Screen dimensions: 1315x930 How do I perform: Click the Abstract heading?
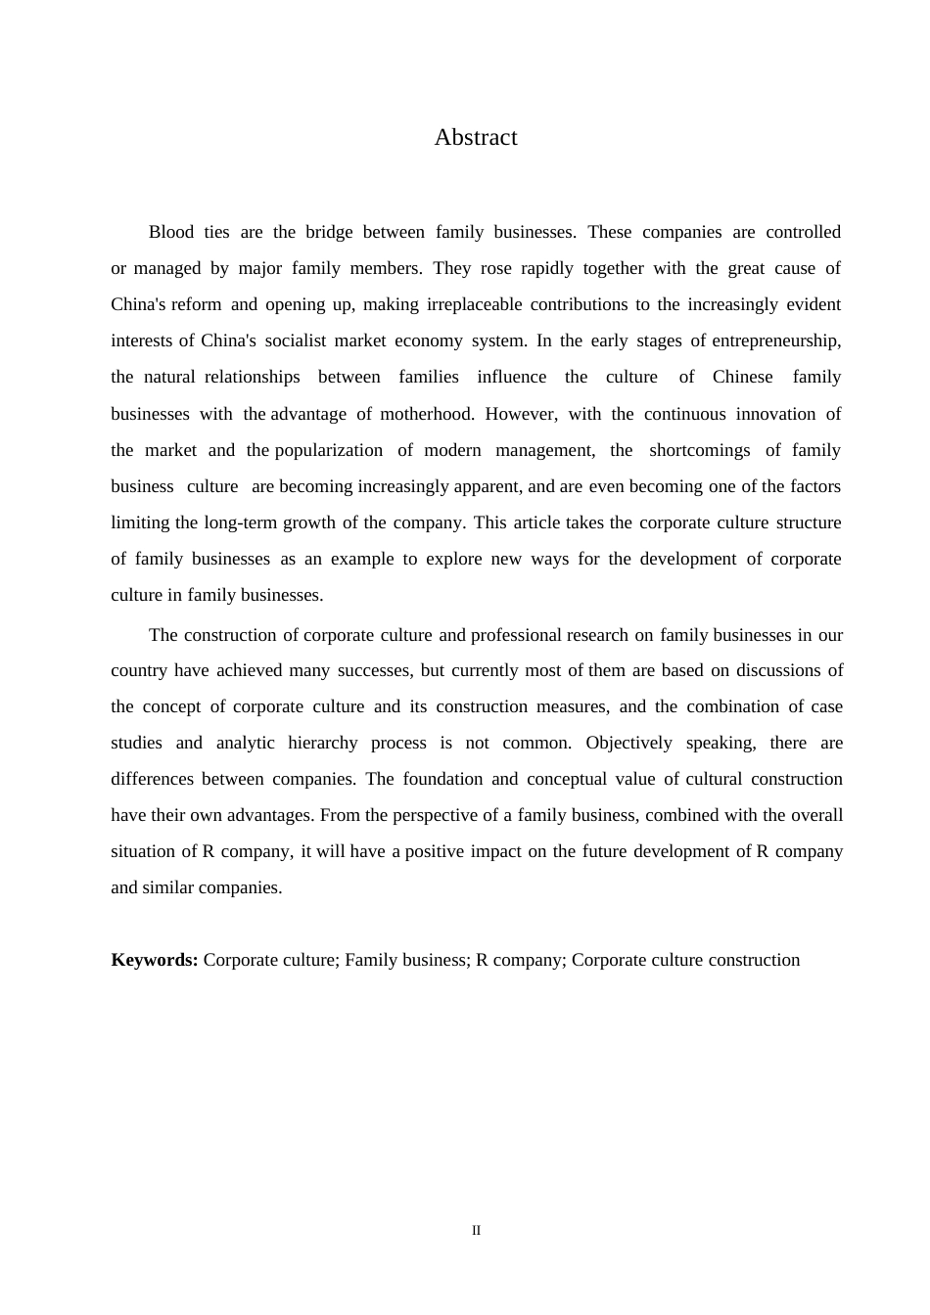coord(476,137)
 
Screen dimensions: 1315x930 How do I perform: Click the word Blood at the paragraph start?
coord(171,232)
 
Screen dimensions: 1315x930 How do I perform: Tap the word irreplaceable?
coord(474,304)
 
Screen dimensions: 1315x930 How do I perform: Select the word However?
coord(521,414)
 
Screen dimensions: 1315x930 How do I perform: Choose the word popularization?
coord(329,450)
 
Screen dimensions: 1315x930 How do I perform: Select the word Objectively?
coord(629,743)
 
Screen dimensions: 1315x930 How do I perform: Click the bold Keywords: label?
coord(155,960)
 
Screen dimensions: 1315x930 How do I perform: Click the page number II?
coord(477,1231)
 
